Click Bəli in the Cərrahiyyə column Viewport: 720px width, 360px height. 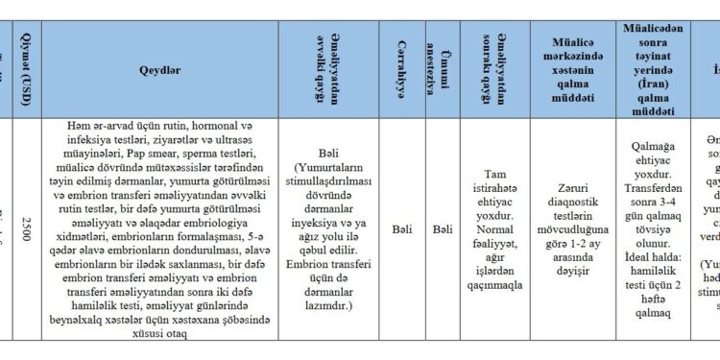[x=403, y=229]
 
